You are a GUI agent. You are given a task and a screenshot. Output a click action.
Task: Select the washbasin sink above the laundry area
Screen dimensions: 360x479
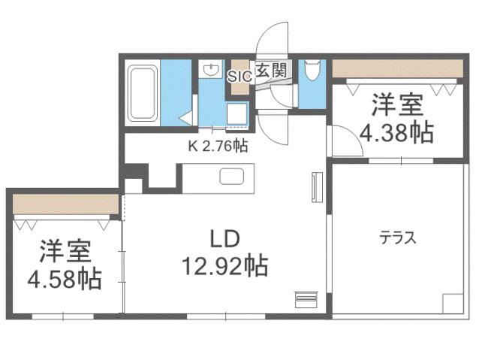209,68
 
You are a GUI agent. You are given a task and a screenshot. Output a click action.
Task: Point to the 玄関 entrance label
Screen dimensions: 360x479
270,71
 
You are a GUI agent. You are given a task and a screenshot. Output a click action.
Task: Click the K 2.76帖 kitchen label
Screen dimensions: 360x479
218,147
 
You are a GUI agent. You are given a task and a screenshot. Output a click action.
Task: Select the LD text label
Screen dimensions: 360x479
223,239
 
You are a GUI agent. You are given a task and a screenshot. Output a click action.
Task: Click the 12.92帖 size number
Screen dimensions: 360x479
223,265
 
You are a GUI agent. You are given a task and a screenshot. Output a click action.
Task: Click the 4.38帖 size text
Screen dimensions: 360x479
396,133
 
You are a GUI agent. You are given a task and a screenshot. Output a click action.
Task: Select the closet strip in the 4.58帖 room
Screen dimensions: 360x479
65,203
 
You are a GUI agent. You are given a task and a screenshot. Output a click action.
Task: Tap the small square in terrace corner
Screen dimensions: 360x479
453,304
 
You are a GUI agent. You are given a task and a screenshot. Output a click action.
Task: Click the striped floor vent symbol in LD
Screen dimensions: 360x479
306,298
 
